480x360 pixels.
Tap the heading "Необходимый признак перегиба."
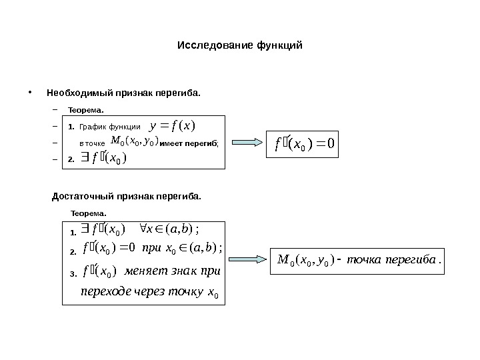coord(123,91)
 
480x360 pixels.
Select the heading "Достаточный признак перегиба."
coord(126,197)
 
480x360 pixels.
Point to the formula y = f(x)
coord(172,126)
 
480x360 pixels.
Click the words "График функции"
coord(109,127)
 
